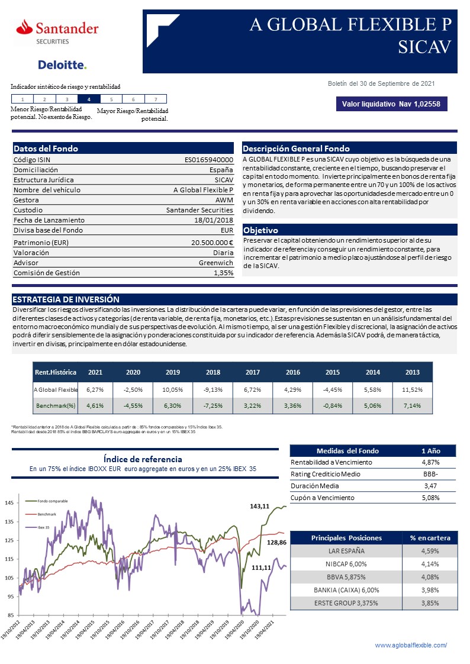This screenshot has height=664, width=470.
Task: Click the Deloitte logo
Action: click(x=62, y=65)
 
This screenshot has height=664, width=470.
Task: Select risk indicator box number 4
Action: click(x=89, y=99)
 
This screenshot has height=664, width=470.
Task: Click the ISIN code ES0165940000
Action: click(x=209, y=160)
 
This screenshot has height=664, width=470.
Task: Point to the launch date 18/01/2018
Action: click(x=214, y=220)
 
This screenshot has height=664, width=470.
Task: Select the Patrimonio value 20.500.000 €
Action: click(x=212, y=242)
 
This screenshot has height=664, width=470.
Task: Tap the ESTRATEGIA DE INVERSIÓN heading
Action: click(x=66, y=299)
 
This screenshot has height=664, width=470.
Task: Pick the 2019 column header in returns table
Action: click(x=173, y=372)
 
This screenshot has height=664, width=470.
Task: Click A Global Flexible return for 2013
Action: click(x=412, y=389)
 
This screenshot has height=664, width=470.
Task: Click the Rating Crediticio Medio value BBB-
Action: click(x=430, y=473)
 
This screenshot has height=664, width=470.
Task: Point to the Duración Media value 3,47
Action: click(x=430, y=485)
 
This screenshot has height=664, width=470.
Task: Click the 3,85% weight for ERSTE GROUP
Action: click(x=430, y=603)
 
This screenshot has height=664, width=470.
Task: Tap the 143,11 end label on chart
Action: click(x=259, y=506)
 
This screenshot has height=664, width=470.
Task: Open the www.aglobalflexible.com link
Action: click(x=411, y=645)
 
